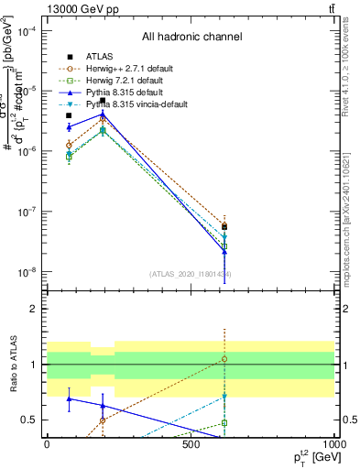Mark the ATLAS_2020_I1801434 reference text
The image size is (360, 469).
pyautogui.click(x=191, y=275)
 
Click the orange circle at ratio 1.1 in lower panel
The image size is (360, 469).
pyautogui.click(x=224, y=359)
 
